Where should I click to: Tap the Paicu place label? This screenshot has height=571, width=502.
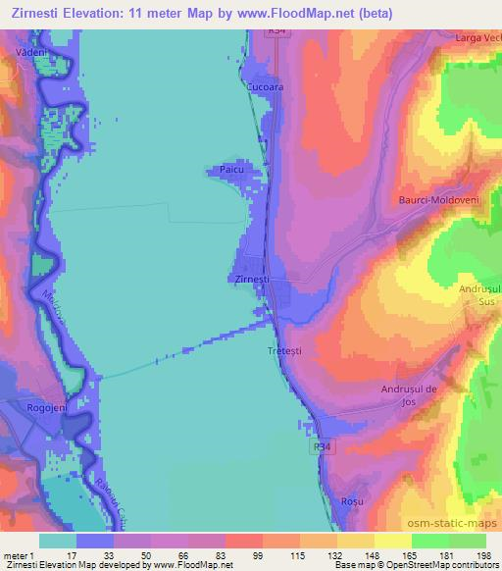point(231,171)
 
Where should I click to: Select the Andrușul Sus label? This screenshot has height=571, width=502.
point(479,295)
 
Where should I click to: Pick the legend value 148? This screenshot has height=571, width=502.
point(374,556)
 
